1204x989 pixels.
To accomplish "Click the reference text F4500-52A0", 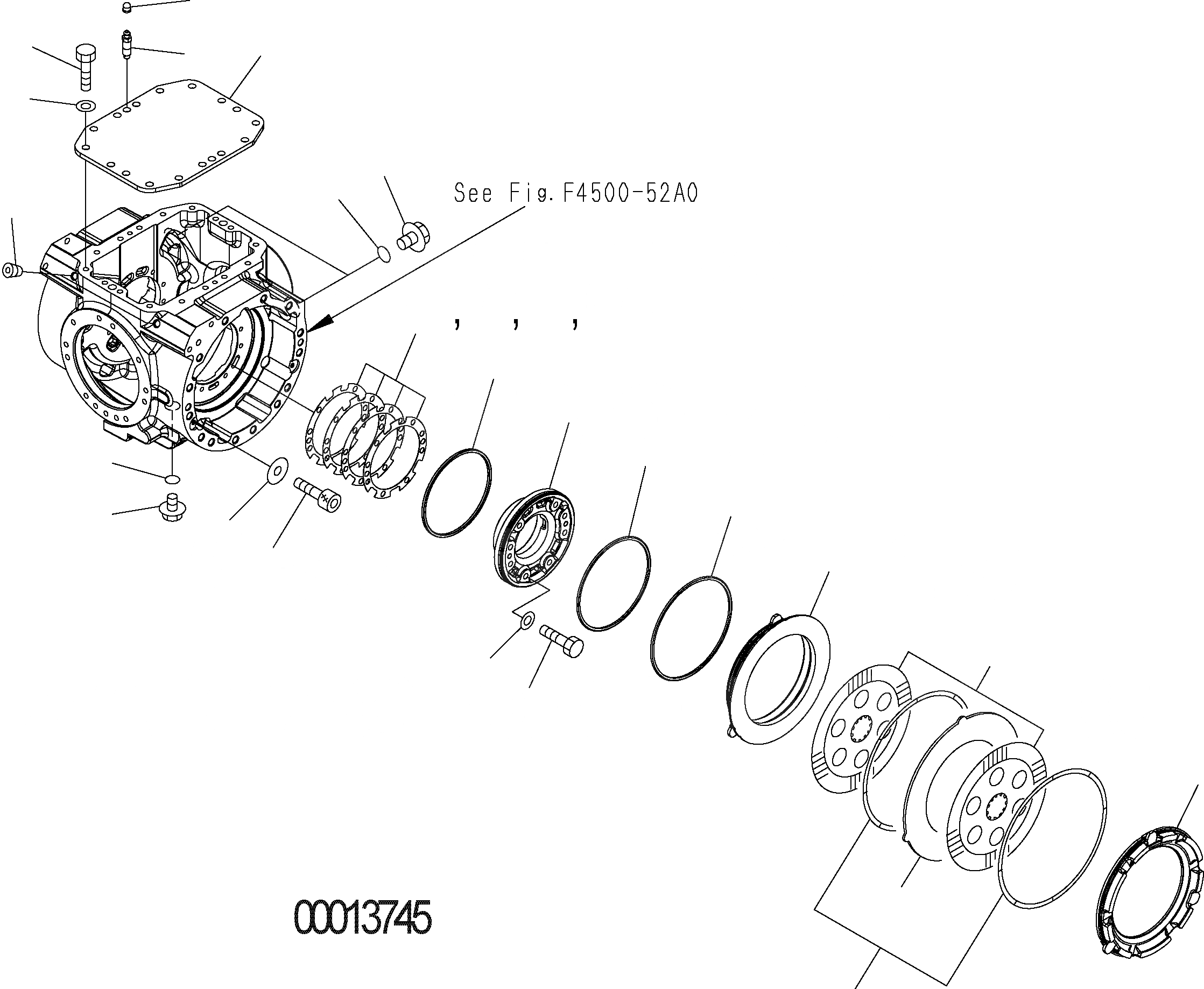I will point(630,194).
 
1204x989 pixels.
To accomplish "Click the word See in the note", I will point(473,194).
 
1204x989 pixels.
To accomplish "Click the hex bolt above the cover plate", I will point(85,67).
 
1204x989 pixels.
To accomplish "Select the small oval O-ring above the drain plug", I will point(173,477).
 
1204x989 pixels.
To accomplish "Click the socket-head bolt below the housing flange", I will point(319,494).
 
